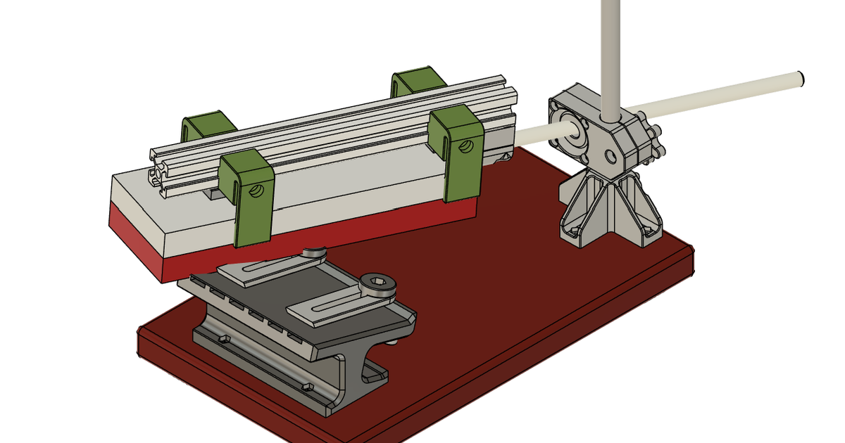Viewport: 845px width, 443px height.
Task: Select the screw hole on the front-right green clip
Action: click(465, 146)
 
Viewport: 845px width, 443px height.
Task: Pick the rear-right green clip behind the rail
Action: click(417, 81)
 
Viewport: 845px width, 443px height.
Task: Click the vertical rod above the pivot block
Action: click(610, 49)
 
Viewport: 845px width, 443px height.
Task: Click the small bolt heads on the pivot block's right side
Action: click(656, 141)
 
